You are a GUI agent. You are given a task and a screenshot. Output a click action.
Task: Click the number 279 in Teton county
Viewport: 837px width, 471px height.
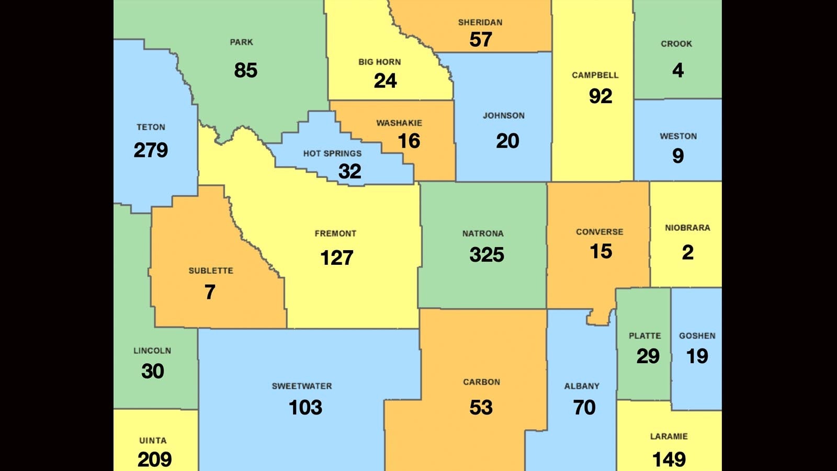[x=151, y=150]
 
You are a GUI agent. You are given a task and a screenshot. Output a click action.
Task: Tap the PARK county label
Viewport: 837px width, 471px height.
[x=241, y=42]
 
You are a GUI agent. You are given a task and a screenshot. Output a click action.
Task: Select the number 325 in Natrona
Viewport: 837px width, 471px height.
[x=487, y=255]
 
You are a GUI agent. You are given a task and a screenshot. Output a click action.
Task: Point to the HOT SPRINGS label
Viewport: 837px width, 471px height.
[x=332, y=153]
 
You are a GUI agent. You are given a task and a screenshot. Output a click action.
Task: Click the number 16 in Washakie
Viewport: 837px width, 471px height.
[x=409, y=141]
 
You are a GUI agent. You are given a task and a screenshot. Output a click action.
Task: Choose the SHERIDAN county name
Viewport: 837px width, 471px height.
[x=480, y=23]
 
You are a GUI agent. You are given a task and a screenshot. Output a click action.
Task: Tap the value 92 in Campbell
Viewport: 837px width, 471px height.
[x=600, y=96]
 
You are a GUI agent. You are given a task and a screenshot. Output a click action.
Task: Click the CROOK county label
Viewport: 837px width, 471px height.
[x=676, y=44]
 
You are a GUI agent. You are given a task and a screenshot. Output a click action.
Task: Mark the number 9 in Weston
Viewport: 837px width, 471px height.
[x=678, y=155]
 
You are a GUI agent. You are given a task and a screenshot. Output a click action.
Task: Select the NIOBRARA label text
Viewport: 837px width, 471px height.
[x=687, y=228]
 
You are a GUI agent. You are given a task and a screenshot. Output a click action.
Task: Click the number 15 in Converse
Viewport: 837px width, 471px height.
[x=601, y=252]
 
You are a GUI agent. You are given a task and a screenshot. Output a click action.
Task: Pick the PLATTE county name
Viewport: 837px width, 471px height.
[x=644, y=336]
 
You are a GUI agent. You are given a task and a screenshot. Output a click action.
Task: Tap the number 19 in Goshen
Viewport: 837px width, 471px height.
[x=697, y=356]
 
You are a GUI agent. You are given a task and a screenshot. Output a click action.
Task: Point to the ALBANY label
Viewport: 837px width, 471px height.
[x=582, y=386]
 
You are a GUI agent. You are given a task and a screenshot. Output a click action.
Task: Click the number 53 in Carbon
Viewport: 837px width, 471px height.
[x=481, y=408]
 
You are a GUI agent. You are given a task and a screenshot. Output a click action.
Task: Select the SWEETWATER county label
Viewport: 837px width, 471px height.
[x=302, y=386]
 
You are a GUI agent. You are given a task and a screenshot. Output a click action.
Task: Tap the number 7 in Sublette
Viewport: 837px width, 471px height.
[x=210, y=292]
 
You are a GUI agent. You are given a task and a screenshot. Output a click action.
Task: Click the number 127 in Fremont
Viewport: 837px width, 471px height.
[x=337, y=257]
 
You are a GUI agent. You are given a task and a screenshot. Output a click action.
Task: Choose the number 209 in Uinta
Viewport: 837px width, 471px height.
[x=154, y=459]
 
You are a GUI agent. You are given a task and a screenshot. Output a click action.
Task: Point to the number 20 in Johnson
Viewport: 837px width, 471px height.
[x=507, y=141]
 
